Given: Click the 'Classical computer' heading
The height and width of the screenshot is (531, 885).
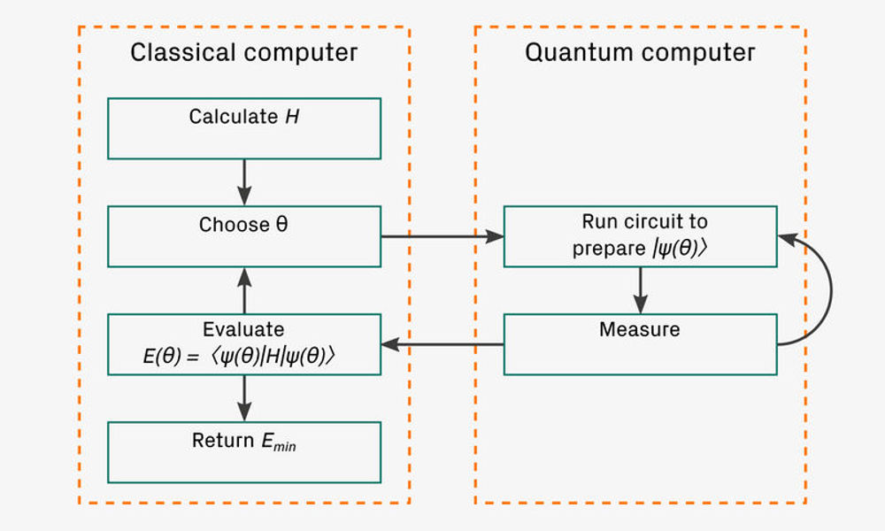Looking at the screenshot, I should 243,52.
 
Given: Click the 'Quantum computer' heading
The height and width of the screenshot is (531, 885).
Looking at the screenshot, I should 640,52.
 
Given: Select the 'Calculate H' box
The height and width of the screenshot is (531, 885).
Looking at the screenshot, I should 243,128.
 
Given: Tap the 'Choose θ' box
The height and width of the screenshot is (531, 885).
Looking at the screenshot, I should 243,236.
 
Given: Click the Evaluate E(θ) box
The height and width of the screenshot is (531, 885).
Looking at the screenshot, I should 243,343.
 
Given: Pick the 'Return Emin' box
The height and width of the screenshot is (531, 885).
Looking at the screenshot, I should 243,451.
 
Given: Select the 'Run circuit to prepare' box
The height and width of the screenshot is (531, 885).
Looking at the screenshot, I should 640,236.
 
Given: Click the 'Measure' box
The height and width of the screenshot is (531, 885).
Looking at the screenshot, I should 640,343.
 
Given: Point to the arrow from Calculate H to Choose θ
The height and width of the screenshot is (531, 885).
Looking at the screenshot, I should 245,182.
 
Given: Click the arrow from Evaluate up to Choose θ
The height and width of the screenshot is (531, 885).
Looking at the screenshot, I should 245,290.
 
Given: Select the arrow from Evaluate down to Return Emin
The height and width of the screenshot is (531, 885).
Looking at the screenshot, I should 245,397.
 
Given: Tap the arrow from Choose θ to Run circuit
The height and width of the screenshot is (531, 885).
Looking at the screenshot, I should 442,236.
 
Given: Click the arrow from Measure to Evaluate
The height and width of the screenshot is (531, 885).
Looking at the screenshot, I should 442,344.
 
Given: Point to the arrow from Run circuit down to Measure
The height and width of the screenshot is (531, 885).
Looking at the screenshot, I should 640,290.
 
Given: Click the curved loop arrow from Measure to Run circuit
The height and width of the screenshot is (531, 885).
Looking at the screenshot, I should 829,292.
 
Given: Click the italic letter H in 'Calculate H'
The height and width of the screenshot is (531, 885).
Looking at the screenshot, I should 291,117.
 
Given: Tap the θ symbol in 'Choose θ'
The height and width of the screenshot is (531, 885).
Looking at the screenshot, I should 281,225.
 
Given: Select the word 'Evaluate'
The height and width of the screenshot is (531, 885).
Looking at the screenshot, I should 243,330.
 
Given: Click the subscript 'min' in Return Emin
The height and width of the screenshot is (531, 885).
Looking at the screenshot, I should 285,446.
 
